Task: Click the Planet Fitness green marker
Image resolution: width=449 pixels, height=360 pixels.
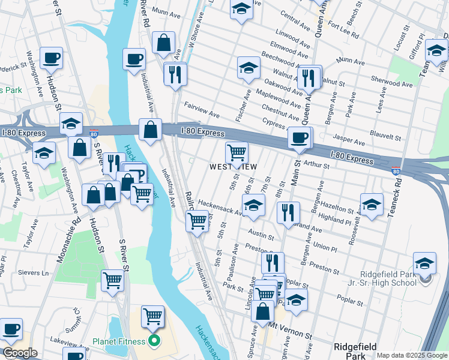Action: click(x=154, y=342)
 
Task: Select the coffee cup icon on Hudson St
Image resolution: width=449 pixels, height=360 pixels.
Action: click(x=52, y=59)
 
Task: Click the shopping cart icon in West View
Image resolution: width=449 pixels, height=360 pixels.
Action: click(x=237, y=152)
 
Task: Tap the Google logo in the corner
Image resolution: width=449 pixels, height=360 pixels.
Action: click(x=20, y=353)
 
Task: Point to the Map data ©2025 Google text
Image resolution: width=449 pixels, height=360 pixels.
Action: click(x=412, y=355)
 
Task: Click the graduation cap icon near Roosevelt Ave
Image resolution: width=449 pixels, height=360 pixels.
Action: click(x=372, y=204)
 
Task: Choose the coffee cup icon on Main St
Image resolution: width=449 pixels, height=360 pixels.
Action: click(x=299, y=138)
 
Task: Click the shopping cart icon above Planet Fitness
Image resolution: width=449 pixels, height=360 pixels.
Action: click(x=153, y=316)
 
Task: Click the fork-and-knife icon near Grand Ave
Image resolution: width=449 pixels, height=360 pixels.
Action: click(x=289, y=212)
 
